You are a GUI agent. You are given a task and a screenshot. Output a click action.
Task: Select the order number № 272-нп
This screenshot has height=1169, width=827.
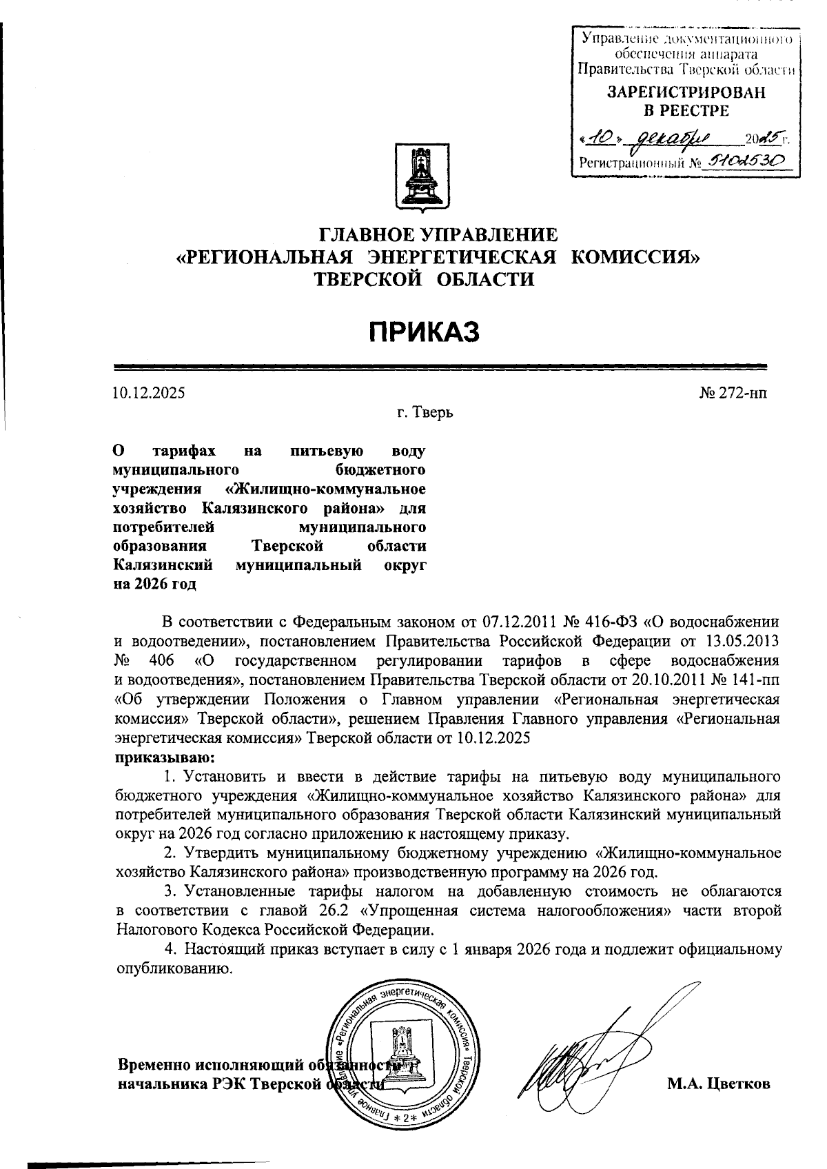click(x=732, y=394)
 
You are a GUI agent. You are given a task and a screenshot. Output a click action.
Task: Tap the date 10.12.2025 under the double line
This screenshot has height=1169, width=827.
click(x=149, y=394)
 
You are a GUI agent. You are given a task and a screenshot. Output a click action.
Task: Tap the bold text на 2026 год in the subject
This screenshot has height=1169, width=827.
click(x=154, y=585)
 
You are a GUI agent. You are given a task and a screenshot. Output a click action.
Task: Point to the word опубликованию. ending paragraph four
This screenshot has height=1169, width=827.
click(x=173, y=968)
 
